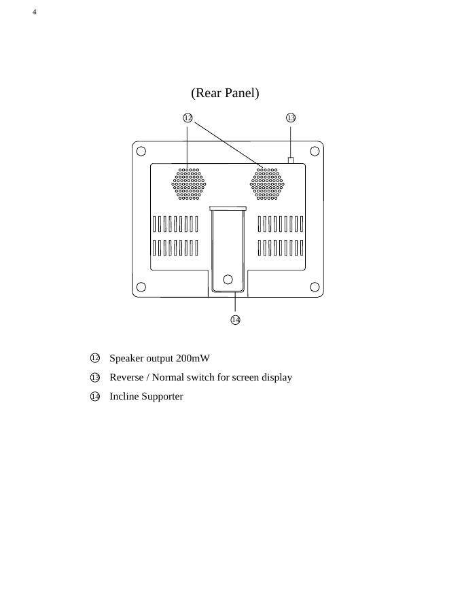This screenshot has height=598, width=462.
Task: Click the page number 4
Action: [35, 12]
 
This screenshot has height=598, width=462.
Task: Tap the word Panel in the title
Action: [242, 92]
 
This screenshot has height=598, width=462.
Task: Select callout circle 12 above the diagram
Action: [188, 118]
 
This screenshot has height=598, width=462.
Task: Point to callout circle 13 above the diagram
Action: [291, 118]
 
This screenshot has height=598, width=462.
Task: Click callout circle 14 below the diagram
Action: [235, 319]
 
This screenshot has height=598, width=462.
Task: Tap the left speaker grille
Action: [188, 184]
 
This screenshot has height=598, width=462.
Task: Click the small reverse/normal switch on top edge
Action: [291, 160]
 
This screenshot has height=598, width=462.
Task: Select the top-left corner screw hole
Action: [141, 150]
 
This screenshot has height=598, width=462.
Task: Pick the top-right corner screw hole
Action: [315, 150]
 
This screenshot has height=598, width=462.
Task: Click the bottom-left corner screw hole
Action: [141, 287]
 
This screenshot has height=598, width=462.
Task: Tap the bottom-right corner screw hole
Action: [315, 287]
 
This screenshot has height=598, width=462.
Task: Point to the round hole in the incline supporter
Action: [228, 279]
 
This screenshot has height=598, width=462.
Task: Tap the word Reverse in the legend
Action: [127, 377]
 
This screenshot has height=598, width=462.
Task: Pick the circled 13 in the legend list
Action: [95, 377]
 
